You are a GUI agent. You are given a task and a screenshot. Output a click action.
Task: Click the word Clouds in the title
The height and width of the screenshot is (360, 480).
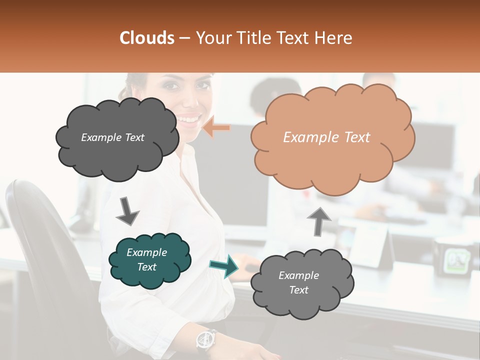147,38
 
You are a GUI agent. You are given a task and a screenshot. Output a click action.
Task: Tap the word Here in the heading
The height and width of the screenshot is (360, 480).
334,38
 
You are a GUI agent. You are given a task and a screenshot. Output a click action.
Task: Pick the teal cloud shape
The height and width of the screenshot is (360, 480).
149,260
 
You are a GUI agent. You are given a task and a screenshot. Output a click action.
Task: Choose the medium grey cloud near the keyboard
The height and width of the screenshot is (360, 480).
301,283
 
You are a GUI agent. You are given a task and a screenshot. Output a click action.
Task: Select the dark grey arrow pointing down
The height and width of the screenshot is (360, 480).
127,210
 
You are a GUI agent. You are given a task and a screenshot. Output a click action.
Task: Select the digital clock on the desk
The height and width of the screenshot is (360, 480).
455,258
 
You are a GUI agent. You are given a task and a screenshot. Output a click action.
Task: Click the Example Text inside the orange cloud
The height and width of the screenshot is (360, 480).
326,137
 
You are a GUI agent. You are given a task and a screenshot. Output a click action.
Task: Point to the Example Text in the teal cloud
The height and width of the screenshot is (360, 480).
147,259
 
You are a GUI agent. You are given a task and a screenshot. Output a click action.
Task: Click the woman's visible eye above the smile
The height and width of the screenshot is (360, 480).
171,85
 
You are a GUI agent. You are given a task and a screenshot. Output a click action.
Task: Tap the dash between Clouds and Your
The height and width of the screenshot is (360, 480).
184,38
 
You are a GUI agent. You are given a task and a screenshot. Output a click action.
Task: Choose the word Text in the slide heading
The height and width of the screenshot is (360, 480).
296,38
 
